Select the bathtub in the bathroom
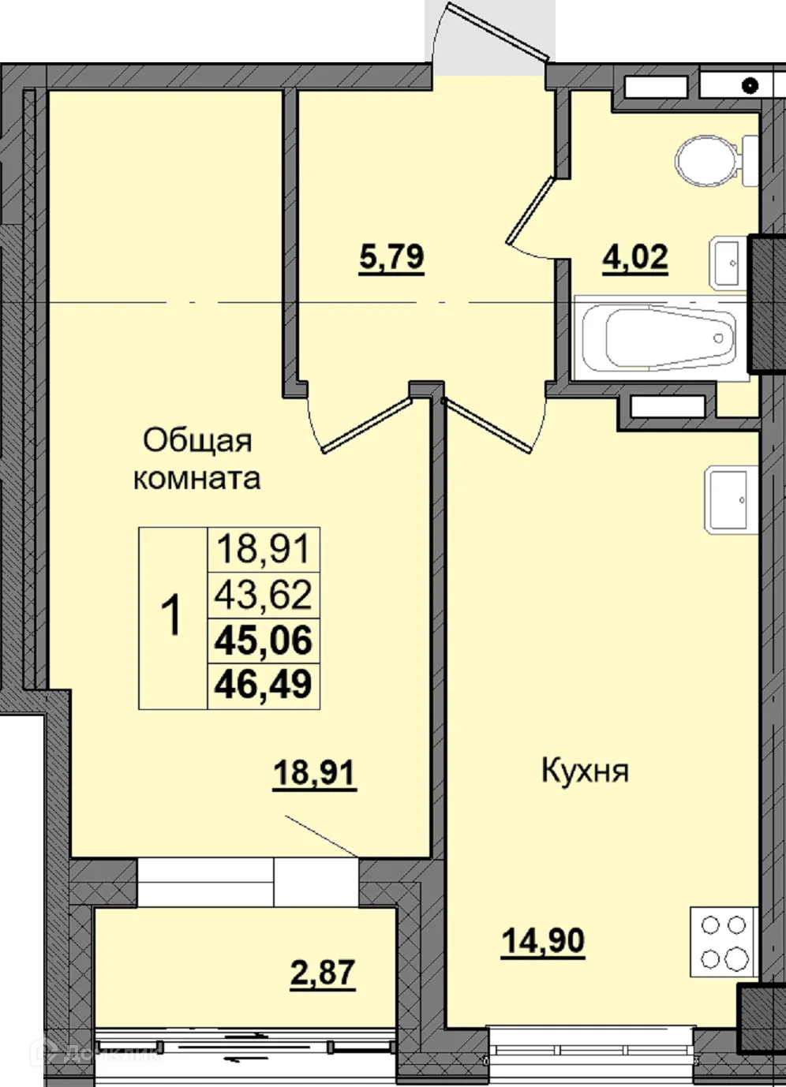(x=661, y=338)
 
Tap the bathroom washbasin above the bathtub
(x=728, y=260)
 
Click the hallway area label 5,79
(x=391, y=257)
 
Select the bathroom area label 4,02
(x=635, y=257)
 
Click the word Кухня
(x=585, y=771)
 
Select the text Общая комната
(x=196, y=459)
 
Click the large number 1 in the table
(x=171, y=617)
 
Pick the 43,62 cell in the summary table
(x=264, y=594)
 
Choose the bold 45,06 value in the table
(x=264, y=640)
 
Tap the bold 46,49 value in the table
(x=264, y=684)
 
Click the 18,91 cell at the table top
(x=264, y=548)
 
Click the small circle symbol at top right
(x=750, y=84)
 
